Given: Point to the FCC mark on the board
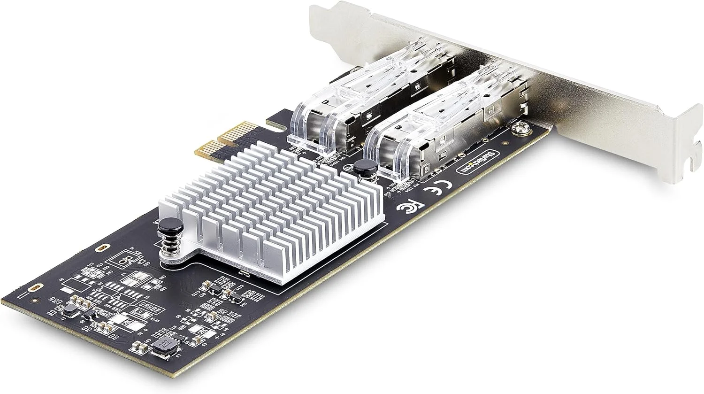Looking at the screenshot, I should click(404, 208).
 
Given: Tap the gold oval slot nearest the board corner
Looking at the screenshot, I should click(33, 287).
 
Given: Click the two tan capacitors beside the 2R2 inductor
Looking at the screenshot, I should click(138, 348).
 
